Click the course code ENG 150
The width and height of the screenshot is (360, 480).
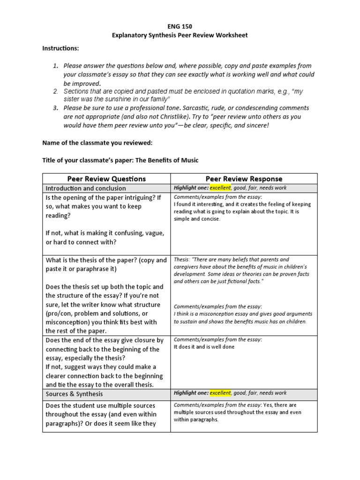pos(180,27)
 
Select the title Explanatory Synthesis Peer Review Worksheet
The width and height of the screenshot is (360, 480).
pos(180,36)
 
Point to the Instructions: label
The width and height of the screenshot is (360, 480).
pos(60,48)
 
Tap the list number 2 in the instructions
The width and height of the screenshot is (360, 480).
pos(55,91)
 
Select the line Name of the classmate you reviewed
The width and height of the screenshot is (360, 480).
pos(97,142)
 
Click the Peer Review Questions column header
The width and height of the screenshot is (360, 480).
pos(106,179)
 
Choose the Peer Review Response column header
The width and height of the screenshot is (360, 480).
pos(244,179)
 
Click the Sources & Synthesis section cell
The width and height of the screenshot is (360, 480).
pos(74,393)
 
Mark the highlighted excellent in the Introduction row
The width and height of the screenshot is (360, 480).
pos(220,188)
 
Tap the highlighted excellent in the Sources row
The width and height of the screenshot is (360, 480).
pos(220,393)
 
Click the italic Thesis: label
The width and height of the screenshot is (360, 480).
pos(181,259)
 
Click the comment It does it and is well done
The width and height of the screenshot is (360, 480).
pos(204,347)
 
